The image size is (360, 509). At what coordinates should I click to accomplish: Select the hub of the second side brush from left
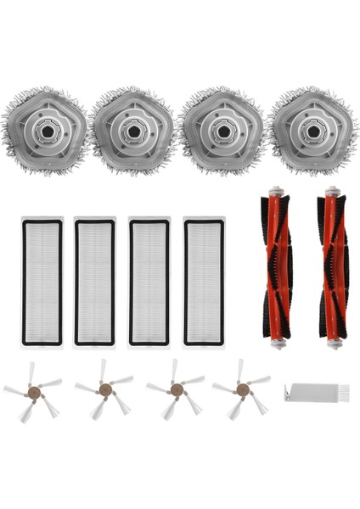(x=104, y=389)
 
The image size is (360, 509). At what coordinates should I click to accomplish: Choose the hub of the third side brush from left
(x=176, y=389)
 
